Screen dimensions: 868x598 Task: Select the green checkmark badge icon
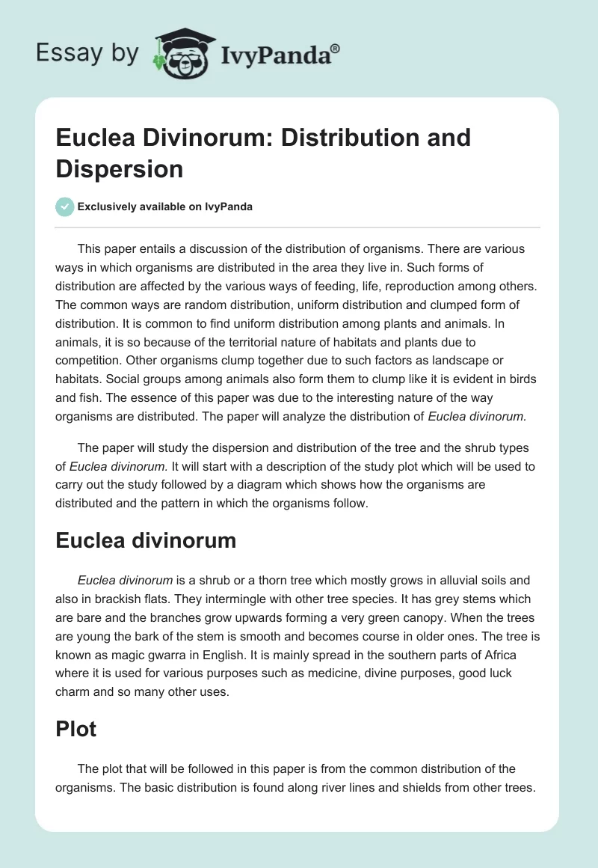tap(64, 207)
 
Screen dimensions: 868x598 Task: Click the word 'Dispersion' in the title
tap(120, 168)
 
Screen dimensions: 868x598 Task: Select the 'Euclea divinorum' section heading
tap(146, 540)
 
